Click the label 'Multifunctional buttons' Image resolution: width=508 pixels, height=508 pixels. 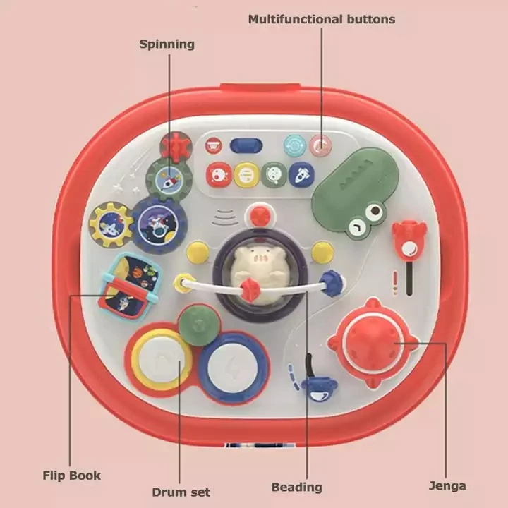coord(322,20)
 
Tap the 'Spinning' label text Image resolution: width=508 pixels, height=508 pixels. coord(167,44)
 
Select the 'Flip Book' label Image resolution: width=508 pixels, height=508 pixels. coord(71,476)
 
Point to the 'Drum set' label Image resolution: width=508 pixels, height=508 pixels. coord(181,492)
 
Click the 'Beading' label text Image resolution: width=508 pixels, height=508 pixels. coord(297,488)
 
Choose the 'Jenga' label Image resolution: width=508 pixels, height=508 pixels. coord(447,486)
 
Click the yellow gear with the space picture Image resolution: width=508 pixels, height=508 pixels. coord(111,224)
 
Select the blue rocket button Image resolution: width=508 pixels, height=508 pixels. coord(301,175)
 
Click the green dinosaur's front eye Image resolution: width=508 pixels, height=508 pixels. coord(375,210)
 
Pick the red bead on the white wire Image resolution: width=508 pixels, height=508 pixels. coord(250,287)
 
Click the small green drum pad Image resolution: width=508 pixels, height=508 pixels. coord(199,325)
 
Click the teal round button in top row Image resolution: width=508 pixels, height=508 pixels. coord(294,145)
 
